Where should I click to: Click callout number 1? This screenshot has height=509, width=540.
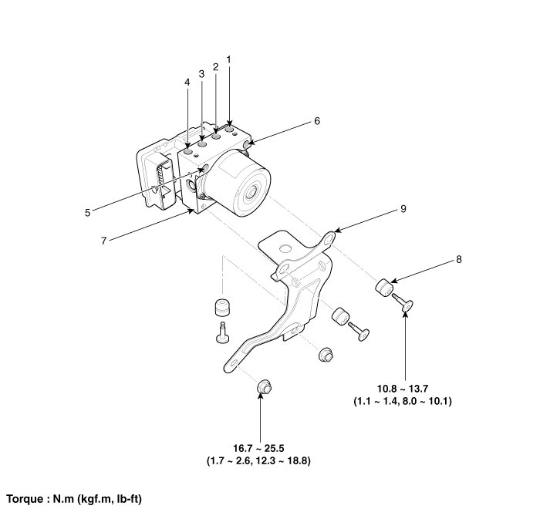(x=229, y=59)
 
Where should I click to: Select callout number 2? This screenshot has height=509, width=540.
(x=215, y=66)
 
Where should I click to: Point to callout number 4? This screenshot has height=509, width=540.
(x=187, y=82)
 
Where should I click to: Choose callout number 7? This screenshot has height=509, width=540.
(x=103, y=241)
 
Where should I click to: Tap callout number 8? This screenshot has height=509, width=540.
(x=459, y=259)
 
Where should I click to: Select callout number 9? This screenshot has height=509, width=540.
(x=402, y=208)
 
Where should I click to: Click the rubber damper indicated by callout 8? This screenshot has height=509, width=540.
(x=384, y=288)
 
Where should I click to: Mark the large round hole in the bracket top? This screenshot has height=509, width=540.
(x=285, y=248)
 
